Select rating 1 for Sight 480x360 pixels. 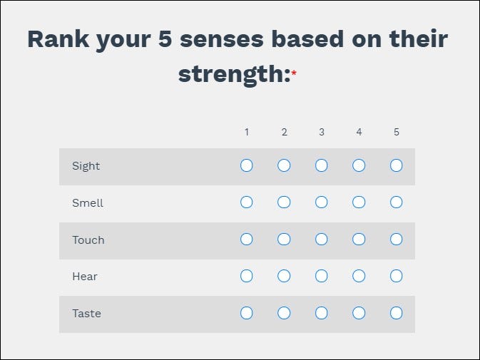246,165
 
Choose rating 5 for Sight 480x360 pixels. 397,165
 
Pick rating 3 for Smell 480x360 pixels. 322,202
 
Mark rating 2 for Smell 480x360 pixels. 284,202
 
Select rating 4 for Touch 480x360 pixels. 359,240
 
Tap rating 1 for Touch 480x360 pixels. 246,240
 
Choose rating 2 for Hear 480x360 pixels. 284,276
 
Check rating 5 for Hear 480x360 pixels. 397,276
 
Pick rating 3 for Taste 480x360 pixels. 322,313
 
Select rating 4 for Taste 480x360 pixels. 359,313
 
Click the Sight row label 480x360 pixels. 86,166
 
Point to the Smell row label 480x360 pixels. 88,203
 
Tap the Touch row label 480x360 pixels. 88,240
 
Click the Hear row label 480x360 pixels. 85,277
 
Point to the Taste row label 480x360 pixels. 86,314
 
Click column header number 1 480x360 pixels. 246,132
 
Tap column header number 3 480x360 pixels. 322,132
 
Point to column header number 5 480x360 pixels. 397,132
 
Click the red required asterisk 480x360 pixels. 294,73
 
